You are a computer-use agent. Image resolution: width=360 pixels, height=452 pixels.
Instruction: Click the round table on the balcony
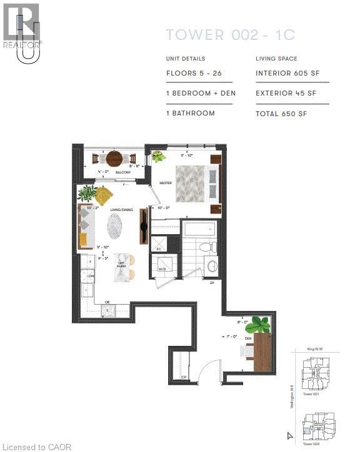114,158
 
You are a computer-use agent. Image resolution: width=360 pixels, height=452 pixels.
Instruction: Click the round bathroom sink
210,267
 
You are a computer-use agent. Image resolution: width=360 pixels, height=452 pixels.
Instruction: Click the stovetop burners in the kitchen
108,311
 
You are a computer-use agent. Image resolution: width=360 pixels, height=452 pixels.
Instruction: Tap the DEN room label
247,340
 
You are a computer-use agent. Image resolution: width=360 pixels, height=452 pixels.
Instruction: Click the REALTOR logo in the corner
22,27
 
